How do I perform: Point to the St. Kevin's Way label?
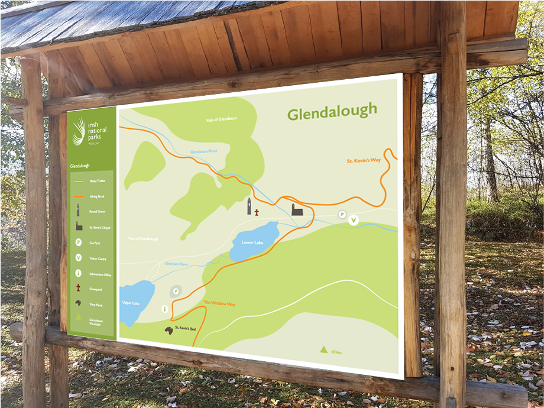click(x=364, y=160)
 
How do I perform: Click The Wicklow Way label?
click(x=219, y=303)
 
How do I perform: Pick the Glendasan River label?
click(x=204, y=152)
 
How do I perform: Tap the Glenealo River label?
click(x=176, y=264)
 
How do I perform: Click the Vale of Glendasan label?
click(x=221, y=119)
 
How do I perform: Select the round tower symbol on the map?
click(x=250, y=206)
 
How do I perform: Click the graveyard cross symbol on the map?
click(x=257, y=211)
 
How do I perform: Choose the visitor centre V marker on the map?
click(x=353, y=221)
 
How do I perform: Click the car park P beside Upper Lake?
click(x=176, y=291)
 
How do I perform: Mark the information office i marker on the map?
click(x=164, y=309)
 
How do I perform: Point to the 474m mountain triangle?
click(x=323, y=349)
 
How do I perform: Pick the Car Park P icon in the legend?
click(x=78, y=242)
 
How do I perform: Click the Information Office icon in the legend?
click(x=78, y=273)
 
